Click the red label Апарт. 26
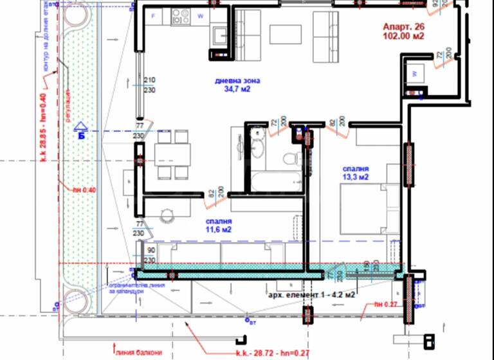403,27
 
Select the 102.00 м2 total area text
403,37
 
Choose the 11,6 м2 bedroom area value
219,229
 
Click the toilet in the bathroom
290,158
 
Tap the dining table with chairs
172,154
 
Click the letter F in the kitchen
152,15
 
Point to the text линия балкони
139,352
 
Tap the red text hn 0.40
84,190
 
